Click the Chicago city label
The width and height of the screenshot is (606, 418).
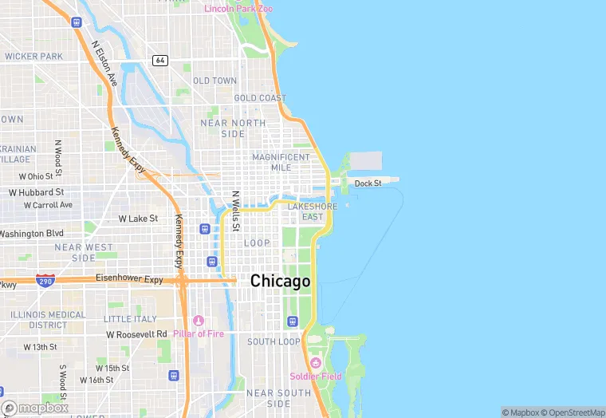pos(280,281)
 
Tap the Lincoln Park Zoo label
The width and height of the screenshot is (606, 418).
pos(238,9)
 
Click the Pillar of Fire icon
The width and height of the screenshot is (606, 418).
pos(199,321)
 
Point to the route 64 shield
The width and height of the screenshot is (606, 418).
pos(160,61)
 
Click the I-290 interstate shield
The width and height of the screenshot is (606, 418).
pos(45,281)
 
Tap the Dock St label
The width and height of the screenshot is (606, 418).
pos(368,183)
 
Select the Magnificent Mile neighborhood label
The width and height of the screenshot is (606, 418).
pos(281,162)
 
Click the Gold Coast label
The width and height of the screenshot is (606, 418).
pos(260,98)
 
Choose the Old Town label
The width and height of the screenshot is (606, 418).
pos(214,81)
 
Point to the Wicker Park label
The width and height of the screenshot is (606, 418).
pos(33,57)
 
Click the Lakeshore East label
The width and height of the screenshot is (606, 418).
pos(313,211)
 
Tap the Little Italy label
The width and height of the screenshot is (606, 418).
pos(130,319)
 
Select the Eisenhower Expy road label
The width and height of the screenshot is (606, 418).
pos(129,280)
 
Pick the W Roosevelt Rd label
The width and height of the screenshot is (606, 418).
pos(136,334)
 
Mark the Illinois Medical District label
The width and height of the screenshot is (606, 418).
pos(48,320)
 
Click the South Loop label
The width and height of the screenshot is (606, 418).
pos(273,341)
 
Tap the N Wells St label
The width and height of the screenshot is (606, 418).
pos(236,211)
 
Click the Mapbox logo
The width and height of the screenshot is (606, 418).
pos(35,408)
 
